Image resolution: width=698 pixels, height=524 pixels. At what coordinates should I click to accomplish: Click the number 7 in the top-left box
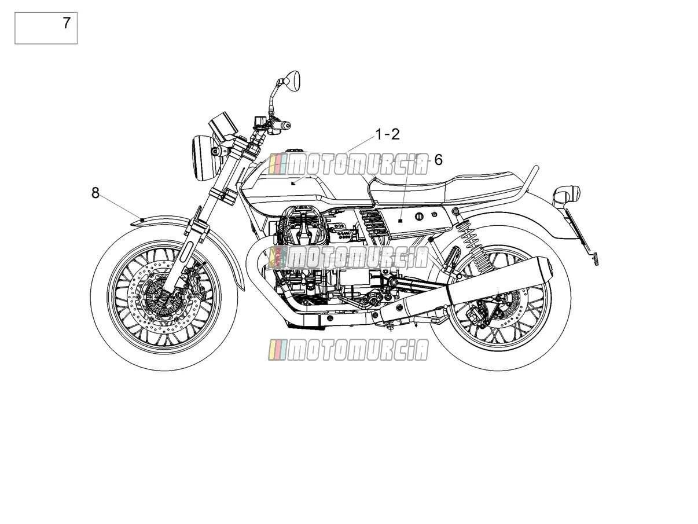pos(66,23)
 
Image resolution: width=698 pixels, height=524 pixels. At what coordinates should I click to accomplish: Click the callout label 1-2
pos(388,134)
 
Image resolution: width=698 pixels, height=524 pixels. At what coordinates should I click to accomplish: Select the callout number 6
pos(438,160)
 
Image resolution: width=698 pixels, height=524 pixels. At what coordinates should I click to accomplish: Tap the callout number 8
pos(95,193)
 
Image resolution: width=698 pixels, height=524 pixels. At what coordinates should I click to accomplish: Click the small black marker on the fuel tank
pos(293,184)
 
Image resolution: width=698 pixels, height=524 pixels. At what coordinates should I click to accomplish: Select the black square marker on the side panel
pos(401,221)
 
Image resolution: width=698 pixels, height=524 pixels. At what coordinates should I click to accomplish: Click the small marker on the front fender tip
pos(142,219)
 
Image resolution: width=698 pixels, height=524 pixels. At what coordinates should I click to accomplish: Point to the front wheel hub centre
pos(164,296)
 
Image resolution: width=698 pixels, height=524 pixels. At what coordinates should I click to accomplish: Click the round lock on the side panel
pos(420,217)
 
